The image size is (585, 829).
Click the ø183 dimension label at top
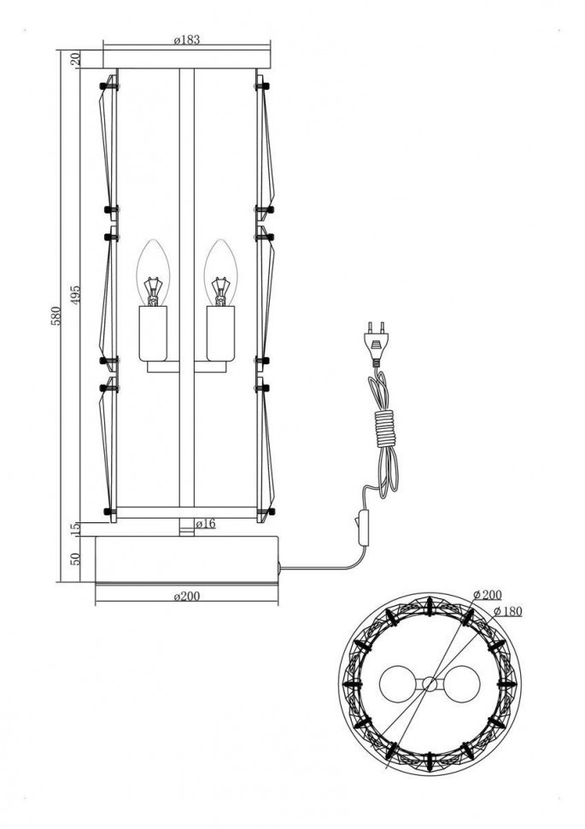point(188,40)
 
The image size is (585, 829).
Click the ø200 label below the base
point(186,597)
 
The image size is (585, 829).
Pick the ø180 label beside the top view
point(508,610)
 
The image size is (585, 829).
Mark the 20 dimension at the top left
point(75,59)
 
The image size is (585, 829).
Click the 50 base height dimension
point(75,559)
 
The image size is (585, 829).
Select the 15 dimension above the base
point(75,529)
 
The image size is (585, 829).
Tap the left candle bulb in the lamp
point(154,274)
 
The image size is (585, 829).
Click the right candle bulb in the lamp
point(220,274)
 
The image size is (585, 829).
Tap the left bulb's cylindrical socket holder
point(154,334)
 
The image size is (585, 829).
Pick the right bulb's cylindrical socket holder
point(220,334)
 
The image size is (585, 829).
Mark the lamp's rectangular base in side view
point(186,558)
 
